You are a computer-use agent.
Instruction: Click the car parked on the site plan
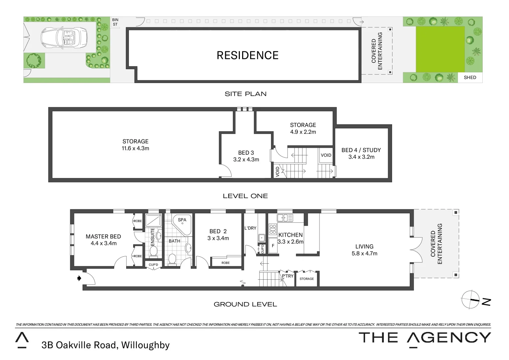coord(64,37)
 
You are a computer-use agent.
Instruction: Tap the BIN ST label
coord(115,22)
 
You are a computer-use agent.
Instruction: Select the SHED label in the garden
coord(470,77)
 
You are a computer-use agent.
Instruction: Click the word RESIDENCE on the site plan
coord(248,55)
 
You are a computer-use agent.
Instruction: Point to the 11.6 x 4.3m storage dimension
coord(135,148)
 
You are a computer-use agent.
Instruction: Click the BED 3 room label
coord(246,153)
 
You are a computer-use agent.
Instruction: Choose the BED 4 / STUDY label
coord(361,150)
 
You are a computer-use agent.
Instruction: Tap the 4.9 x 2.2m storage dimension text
coord(303,132)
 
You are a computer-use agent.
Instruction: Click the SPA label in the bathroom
coord(182,220)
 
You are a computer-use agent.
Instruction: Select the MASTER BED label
coord(103,236)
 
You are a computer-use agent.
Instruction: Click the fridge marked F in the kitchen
coord(273,246)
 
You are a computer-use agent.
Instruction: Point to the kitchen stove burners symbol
coord(273,229)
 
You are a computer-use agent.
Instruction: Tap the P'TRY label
coord(287,276)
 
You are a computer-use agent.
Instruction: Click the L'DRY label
coord(250,228)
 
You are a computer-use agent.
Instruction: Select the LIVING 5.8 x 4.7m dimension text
coord(364,253)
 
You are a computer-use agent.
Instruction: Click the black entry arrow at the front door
coord(79,278)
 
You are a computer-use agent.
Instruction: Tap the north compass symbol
coord(470,299)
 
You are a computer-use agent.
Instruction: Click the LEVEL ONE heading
coord(245,196)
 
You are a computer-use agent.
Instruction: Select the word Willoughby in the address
coord(145,345)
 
